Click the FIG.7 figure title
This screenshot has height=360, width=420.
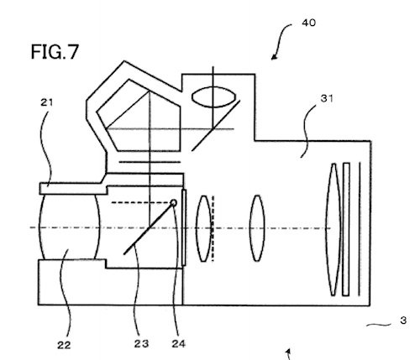[55, 52]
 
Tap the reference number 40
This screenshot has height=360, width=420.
[308, 23]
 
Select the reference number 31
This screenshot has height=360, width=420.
[327, 98]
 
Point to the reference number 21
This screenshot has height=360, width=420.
[46, 102]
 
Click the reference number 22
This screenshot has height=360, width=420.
[64, 345]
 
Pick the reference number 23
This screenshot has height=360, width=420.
[141, 343]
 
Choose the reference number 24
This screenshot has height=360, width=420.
[179, 343]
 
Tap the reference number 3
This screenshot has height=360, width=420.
[403, 321]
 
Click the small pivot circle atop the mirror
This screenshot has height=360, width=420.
[174, 203]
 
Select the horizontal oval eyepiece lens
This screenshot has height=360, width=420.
[213, 97]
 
